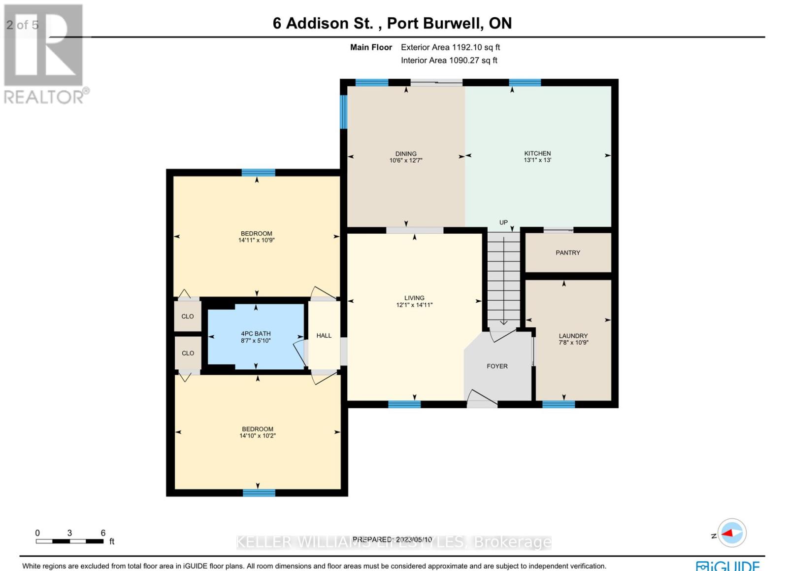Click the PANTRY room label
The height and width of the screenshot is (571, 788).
point(568,252)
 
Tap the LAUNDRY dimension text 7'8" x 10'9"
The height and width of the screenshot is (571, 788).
point(573,342)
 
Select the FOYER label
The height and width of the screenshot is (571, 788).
point(497,366)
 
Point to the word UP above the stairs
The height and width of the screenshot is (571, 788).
point(503,222)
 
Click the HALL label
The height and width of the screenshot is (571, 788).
point(324,335)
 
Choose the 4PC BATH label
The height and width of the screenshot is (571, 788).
point(256,334)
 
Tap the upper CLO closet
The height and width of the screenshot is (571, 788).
point(188,316)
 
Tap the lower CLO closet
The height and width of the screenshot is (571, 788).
point(188,353)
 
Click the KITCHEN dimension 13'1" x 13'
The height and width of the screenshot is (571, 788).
point(537,160)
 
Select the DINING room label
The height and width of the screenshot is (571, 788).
point(406,153)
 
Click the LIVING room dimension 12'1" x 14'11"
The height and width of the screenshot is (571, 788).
point(414,305)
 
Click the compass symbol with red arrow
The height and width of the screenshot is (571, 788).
point(732,533)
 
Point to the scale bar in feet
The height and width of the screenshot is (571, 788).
point(69,541)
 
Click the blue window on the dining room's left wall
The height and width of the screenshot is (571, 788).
point(344,112)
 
